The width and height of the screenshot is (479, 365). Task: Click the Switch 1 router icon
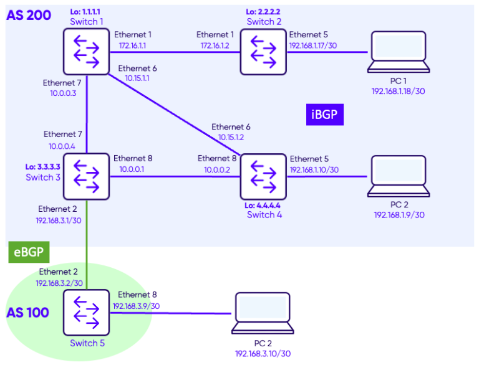click(86, 52)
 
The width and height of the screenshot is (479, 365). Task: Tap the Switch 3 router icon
click(86, 176)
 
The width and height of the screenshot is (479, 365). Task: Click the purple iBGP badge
click(326, 114)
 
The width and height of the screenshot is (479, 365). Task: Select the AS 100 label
click(27, 313)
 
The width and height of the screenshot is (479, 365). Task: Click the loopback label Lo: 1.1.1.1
click(86, 11)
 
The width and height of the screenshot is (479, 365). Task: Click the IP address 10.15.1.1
click(137, 78)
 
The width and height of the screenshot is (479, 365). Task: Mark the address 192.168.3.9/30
click(136, 306)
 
